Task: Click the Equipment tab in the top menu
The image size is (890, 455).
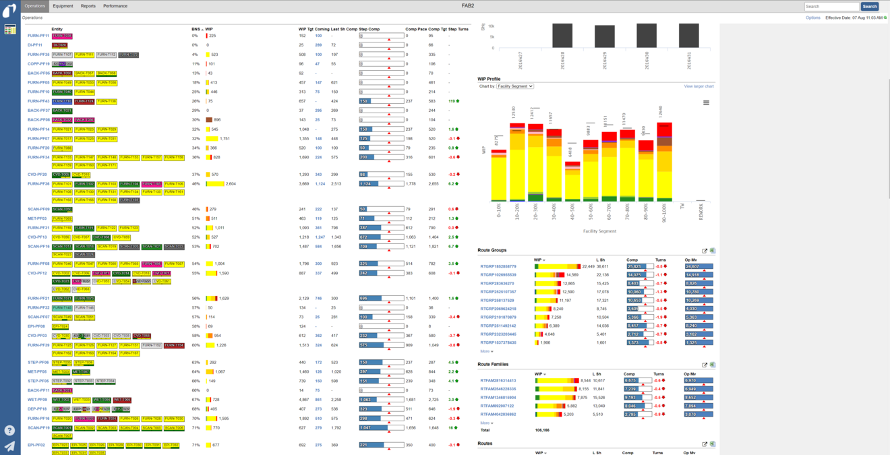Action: [63, 6]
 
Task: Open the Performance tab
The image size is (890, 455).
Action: [115, 6]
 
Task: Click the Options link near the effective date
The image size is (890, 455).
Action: [812, 18]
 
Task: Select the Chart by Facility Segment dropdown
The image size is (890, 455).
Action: [515, 86]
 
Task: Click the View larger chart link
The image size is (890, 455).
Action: [699, 86]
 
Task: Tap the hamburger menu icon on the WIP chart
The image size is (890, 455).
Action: [706, 103]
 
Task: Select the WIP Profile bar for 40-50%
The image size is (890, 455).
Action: [571, 181]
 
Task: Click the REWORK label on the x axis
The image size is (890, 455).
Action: [701, 210]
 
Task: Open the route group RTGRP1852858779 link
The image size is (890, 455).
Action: [498, 267]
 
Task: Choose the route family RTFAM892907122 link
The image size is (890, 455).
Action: [498, 406]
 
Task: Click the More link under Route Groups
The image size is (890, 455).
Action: [486, 351]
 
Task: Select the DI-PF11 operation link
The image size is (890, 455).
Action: [35, 45]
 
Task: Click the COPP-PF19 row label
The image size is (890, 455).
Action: [38, 64]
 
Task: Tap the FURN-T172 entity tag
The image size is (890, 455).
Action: [128, 55]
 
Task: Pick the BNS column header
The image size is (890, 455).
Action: [196, 29]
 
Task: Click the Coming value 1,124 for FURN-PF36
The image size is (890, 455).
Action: [320, 183]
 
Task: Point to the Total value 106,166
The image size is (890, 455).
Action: [542, 430]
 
